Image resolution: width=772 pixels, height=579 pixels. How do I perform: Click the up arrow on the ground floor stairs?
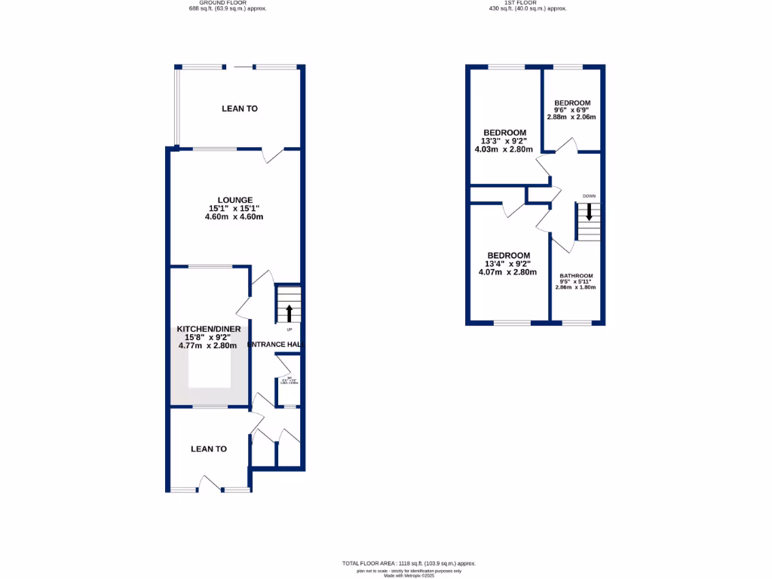click(x=287, y=312)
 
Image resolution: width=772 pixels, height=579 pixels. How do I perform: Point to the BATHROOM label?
click(x=576, y=276)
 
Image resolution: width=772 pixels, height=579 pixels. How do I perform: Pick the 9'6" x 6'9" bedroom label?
click(x=572, y=103)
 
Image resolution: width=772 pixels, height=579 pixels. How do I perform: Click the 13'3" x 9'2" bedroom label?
click(x=505, y=133)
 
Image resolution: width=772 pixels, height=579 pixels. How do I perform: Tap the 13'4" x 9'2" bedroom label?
click(x=507, y=256)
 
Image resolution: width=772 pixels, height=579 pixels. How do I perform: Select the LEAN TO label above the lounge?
click(x=240, y=109)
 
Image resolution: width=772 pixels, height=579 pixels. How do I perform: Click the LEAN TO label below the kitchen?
click(x=209, y=449)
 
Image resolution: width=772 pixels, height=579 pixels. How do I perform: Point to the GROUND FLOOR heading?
click(x=227, y=3)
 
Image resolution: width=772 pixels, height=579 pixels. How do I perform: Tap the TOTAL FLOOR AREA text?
click(x=409, y=564)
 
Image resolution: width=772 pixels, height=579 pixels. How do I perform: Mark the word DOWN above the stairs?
click(x=589, y=196)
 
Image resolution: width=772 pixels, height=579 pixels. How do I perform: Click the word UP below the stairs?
click(x=289, y=329)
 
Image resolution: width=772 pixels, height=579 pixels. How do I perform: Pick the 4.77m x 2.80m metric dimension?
click(x=207, y=346)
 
